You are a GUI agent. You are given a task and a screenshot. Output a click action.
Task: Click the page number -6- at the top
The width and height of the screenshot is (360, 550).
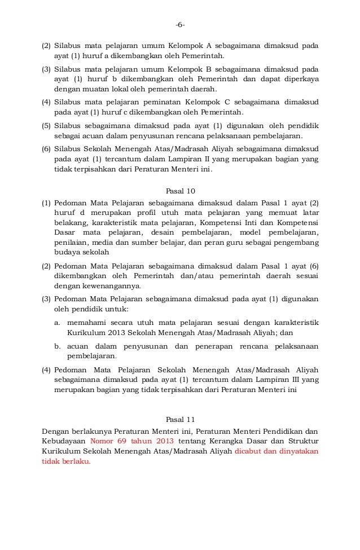tap(179, 25)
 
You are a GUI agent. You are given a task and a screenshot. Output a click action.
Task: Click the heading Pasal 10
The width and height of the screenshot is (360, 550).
tap(179, 191)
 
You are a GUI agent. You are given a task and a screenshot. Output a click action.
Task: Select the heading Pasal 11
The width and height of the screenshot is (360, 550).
tap(179, 420)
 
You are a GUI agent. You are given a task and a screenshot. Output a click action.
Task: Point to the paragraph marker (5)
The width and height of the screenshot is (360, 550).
tap(47, 125)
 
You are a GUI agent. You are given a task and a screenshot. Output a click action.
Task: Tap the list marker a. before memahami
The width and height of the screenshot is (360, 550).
tap(58, 322)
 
